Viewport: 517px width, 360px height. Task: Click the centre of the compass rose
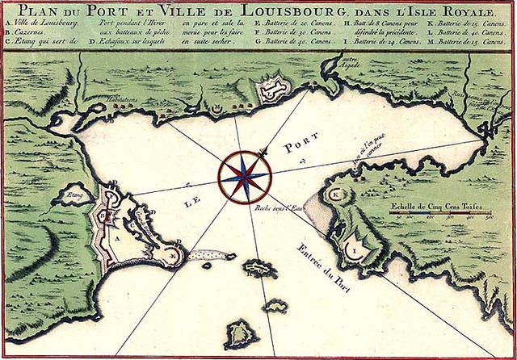244,171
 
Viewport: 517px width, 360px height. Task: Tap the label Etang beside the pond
75,195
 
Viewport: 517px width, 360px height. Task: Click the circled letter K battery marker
335,195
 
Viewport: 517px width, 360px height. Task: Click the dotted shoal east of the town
207,255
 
